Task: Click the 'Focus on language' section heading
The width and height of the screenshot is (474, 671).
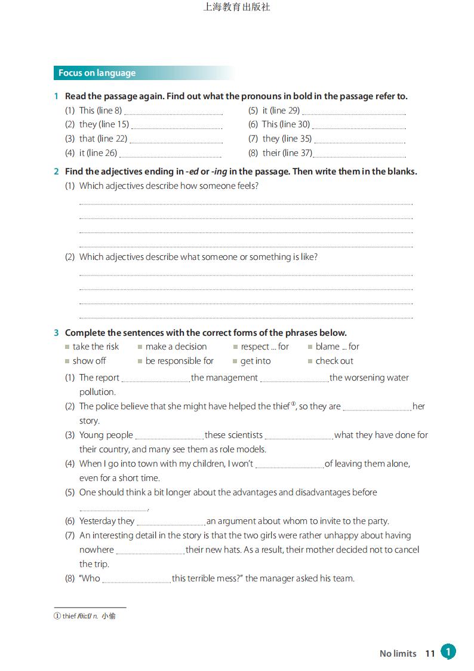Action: click(97, 73)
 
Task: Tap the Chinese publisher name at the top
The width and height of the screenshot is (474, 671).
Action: click(236, 7)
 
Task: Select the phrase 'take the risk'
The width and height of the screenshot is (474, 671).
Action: click(96, 347)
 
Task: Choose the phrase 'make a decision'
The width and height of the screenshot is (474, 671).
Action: click(176, 347)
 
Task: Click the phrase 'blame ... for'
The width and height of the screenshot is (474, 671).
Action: click(337, 347)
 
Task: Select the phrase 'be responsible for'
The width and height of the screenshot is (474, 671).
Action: click(179, 361)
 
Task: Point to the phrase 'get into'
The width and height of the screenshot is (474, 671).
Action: click(256, 361)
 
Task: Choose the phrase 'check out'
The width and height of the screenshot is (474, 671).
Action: click(334, 361)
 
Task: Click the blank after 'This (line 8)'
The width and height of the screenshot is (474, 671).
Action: click(173, 112)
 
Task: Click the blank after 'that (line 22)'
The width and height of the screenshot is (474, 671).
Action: click(176, 140)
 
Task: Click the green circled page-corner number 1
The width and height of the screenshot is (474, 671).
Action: click(448, 651)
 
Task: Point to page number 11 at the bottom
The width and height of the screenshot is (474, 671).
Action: click(430, 654)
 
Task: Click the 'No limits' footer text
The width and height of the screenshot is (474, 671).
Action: click(398, 654)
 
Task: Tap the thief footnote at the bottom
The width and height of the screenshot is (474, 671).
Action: click(85, 616)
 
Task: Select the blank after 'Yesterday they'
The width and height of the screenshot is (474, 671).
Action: click(171, 523)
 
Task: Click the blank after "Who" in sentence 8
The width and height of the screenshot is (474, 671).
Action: click(137, 580)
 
